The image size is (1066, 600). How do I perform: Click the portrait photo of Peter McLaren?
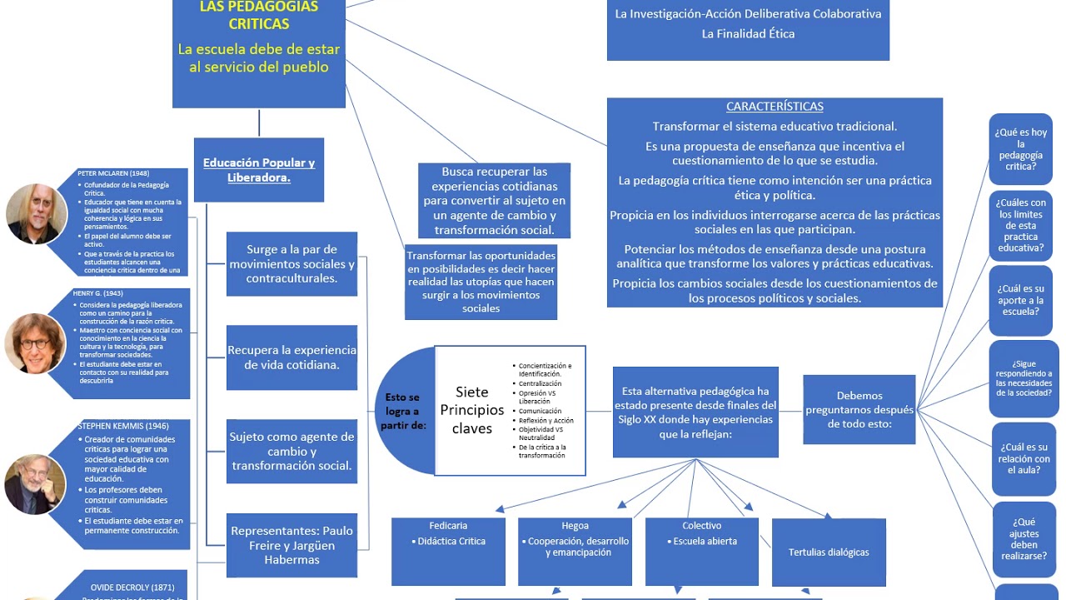pyautogui.click(x=37, y=213)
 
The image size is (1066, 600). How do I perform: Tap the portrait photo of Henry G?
pyautogui.click(x=35, y=343)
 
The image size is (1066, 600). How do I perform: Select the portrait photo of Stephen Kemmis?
pyautogui.click(x=35, y=484)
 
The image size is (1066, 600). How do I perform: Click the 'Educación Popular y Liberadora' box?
pyautogui.click(x=259, y=170)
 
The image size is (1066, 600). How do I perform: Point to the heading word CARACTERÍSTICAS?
pyautogui.click(x=775, y=107)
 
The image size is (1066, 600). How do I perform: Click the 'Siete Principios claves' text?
pyautogui.click(x=472, y=410)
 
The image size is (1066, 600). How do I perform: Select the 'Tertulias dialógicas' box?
pyautogui.click(x=829, y=552)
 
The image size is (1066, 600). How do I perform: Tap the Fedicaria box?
pyautogui.click(x=448, y=551)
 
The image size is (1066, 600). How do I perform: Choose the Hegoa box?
pyautogui.click(x=575, y=551)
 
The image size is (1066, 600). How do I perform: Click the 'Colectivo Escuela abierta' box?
pyautogui.click(x=701, y=551)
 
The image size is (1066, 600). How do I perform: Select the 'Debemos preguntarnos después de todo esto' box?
pyautogui.click(x=859, y=409)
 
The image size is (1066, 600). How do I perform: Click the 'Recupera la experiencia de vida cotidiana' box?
pyautogui.click(x=291, y=357)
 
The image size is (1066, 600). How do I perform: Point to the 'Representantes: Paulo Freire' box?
pyautogui.click(x=291, y=545)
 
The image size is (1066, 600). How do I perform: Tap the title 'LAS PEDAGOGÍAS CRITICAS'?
pyautogui.click(x=258, y=15)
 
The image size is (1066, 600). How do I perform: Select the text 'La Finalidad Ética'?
pyautogui.click(x=748, y=34)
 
